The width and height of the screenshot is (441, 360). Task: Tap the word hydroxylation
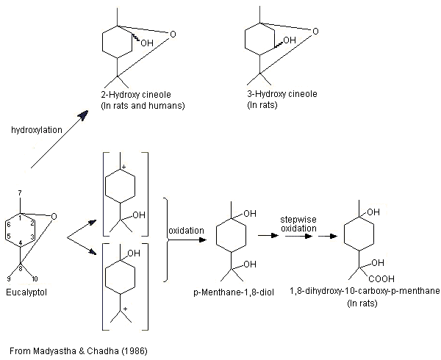tap(37, 129)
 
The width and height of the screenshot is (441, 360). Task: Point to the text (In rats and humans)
tap(143, 107)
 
